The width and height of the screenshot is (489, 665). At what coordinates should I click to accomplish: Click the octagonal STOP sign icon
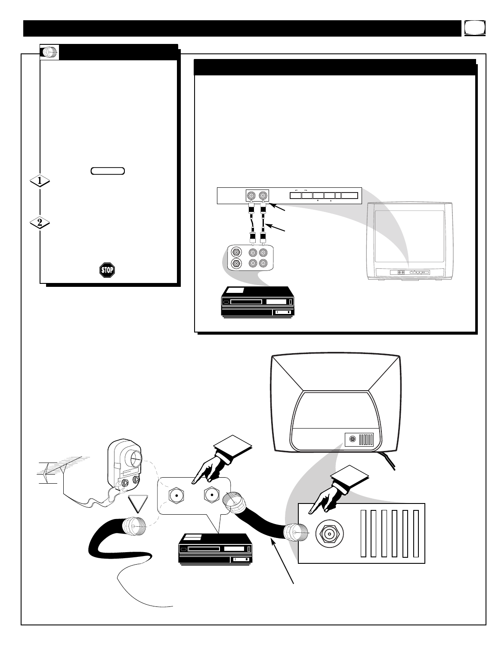click(x=106, y=270)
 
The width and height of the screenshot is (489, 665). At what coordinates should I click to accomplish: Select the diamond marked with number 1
click(x=40, y=182)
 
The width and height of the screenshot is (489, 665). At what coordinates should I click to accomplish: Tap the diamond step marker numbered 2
click(x=40, y=223)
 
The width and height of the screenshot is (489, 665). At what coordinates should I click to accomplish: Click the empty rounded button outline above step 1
click(x=108, y=171)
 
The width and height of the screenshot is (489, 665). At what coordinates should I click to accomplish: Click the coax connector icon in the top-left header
click(x=50, y=52)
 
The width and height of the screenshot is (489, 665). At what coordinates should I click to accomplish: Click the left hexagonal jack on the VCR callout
click(x=176, y=496)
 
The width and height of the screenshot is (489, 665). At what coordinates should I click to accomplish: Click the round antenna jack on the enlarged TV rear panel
click(x=330, y=534)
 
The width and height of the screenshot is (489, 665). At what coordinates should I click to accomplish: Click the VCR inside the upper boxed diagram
click(x=257, y=301)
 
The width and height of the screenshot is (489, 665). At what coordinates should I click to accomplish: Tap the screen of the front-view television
click(x=409, y=236)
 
